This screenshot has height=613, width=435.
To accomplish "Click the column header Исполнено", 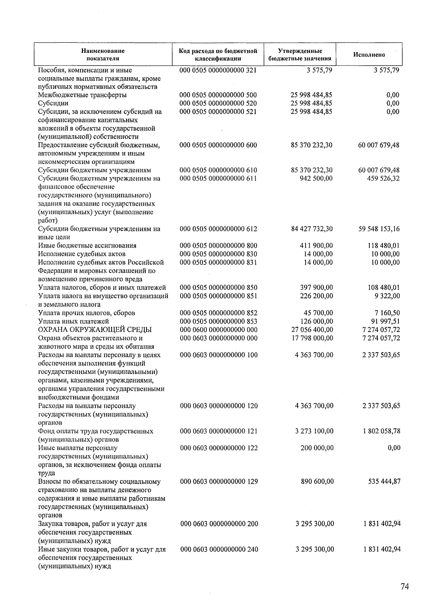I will (x=369, y=55).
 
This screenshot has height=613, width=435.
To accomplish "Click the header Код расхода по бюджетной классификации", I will (x=218, y=55).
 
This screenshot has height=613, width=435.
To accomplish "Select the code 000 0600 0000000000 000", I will (x=219, y=330).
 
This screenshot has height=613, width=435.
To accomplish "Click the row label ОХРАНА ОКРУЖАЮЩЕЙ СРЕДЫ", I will (x=95, y=330).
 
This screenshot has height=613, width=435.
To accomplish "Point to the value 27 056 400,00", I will (x=312, y=330).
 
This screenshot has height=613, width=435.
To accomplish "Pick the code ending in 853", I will (x=219, y=322).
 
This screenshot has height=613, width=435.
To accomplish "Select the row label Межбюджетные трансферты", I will (x=83, y=95).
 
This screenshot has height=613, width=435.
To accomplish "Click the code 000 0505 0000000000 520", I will (x=218, y=104).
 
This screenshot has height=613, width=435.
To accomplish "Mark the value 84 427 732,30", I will (x=312, y=229).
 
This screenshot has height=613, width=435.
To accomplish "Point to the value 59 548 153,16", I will (x=379, y=229).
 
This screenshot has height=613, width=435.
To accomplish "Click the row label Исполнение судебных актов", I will (x=82, y=254).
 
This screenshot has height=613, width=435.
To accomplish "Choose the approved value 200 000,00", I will (x=317, y=448).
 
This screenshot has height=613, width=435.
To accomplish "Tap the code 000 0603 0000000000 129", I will (x=219, y=482).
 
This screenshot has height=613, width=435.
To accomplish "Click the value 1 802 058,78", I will (x=381, y=431).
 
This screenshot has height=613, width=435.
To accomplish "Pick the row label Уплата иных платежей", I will (x=74, y=322).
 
